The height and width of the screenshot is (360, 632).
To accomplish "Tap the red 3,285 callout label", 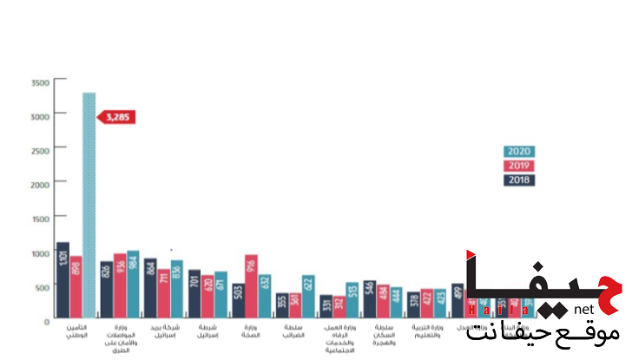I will pyautogui.click(x=116, y=116).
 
